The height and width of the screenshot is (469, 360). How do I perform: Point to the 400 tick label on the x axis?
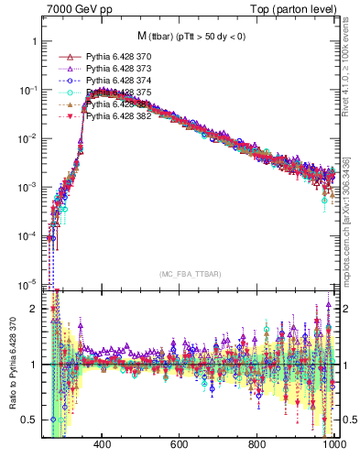click(103, 444)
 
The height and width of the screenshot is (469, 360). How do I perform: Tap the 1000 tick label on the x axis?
click(333, 444)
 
